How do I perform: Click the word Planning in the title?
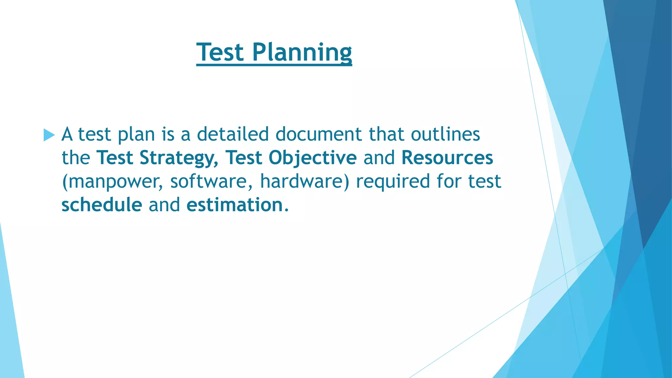point(302,52)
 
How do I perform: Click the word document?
point(319,134)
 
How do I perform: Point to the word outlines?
point(446,134)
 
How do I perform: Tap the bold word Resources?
point(447,158)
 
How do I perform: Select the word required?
point(393,181)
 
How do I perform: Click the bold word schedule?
point(102,205)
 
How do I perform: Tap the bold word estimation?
point(235,205)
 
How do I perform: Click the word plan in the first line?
point(136,135)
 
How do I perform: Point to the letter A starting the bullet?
point(67,134)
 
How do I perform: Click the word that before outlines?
point(386,134)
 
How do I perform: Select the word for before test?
point(449,181)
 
